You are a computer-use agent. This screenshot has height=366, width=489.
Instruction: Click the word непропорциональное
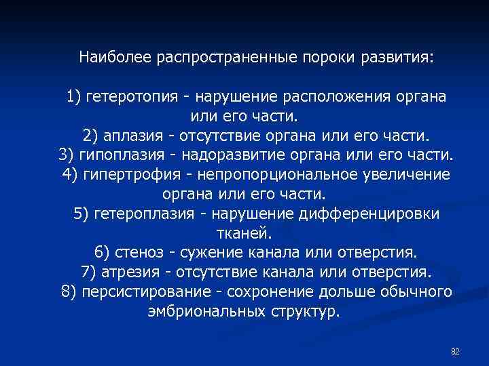pyautogui.click(x=280, y=174)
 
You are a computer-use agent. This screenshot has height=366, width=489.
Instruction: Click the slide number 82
pyautogui.click(x=455, y=351)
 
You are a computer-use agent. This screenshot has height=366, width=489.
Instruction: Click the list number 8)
pyautogui.click(x=69, y=293)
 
